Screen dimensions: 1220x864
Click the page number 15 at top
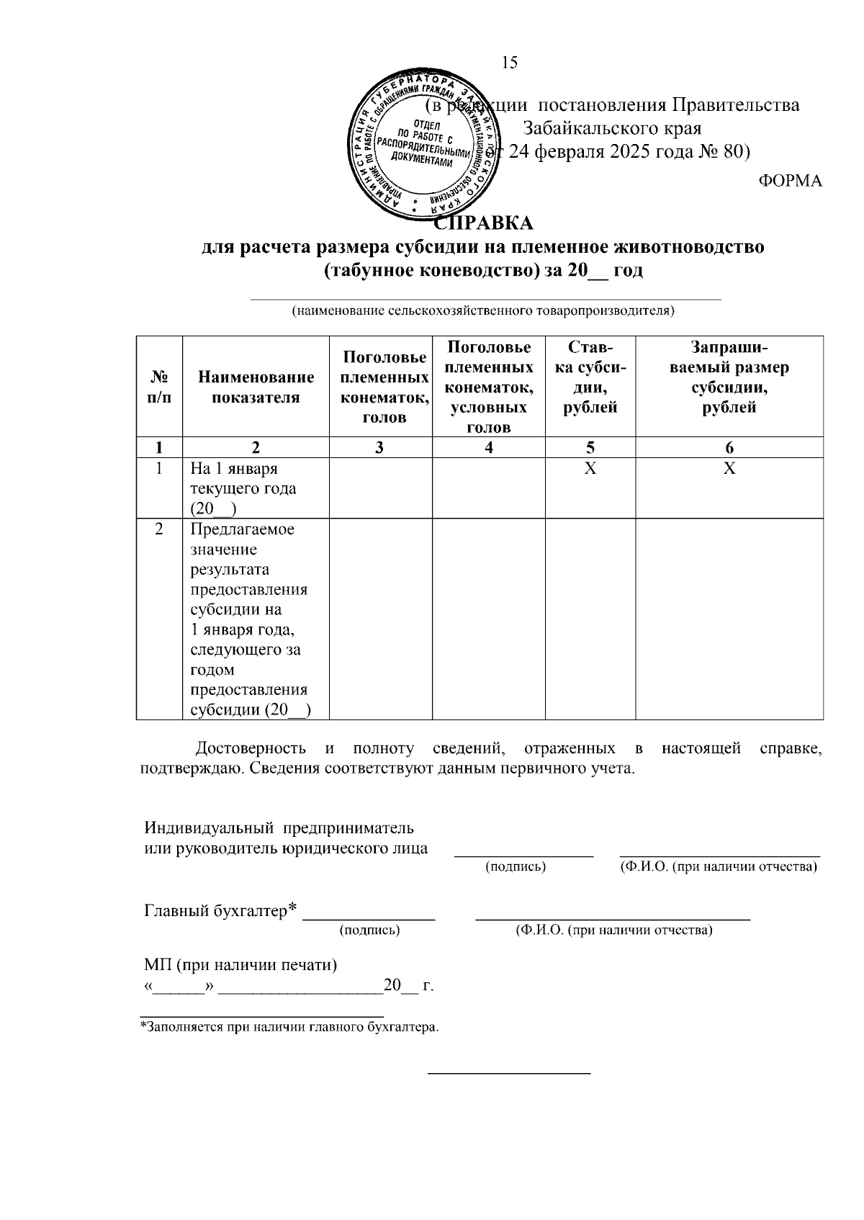tap(509, 63)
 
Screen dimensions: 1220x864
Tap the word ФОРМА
tap(791, 181)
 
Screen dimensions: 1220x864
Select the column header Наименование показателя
tap(256, 387)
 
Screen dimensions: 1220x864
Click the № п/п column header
tap(159, 387)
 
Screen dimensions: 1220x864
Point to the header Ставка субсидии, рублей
tap(590, 377)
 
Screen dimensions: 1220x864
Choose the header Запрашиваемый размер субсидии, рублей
tap(729, 377)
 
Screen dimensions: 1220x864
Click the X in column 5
tap(590, 469)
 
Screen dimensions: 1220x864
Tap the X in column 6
tap(729, 469)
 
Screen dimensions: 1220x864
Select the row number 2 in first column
tap(159, 529)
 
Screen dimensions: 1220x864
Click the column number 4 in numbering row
tap(489, 448)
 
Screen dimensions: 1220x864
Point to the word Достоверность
tap(251, 748)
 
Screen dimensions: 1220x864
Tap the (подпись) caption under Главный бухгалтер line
tap(369, 930)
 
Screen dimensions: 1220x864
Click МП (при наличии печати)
tap(240, 964)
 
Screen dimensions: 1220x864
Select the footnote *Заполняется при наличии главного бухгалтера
tap(289, 1027)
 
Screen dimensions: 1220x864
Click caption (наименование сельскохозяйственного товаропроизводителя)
tap(482, 311)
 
